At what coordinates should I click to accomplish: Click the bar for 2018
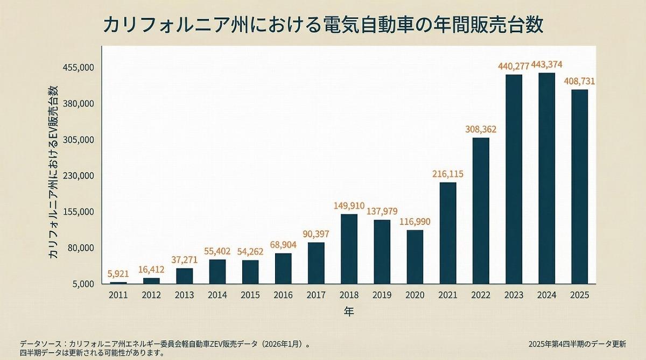tap(349, 249)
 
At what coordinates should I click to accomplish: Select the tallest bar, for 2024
tap(546, 178)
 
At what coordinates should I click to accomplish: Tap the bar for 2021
tap(448, 233)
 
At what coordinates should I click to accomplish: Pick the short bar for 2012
tap(151, 281)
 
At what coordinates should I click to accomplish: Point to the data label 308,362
tap(481, 130)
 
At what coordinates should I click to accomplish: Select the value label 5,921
tap(118, 274)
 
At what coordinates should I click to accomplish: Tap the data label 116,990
tap(415, 222)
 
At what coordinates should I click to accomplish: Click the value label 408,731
tap(579, 81)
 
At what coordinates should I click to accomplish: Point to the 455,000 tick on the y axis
tap(79, 68)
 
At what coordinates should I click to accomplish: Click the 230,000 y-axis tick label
tap(79, 176)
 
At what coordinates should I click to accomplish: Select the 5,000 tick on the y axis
tap(83, 284)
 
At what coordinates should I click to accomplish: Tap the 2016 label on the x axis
tap(283, 295)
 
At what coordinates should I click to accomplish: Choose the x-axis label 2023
tap(514, 295)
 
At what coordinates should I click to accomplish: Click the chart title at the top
tap(323, 25)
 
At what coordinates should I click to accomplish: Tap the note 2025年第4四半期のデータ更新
tap(577, 344)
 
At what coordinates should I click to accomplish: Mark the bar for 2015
tap(250, 272)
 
